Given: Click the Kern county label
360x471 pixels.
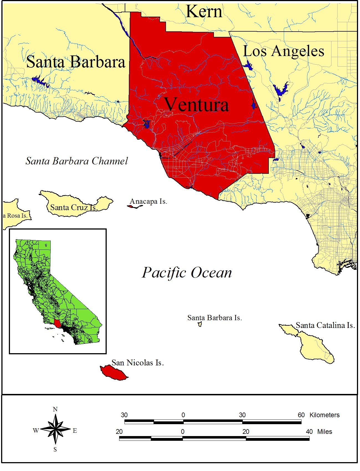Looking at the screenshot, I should [204, 12].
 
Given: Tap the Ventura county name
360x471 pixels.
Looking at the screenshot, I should [196, 105].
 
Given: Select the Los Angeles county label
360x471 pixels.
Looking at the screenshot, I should [284, 51].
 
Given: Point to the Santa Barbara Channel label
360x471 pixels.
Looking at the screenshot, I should [76, 161].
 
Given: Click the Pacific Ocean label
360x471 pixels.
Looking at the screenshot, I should [187, 273].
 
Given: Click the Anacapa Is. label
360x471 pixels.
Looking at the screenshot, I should [148, 201].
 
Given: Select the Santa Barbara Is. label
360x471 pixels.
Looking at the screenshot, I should [215, 318].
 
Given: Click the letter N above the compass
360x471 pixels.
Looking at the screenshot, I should [55, 409].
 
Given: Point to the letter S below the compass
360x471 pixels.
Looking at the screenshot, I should [55, 449].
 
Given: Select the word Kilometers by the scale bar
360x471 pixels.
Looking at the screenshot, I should [324, 415].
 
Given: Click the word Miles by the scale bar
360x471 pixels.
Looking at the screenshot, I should [325, 432].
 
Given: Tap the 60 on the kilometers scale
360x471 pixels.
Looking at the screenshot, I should [301, 415].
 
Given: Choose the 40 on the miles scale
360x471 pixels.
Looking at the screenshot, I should [309, 432].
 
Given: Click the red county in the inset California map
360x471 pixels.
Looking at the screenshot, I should [57, 323].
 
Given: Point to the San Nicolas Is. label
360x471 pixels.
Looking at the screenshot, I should [137, 363].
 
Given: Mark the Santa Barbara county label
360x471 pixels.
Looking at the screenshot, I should [76, 62].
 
